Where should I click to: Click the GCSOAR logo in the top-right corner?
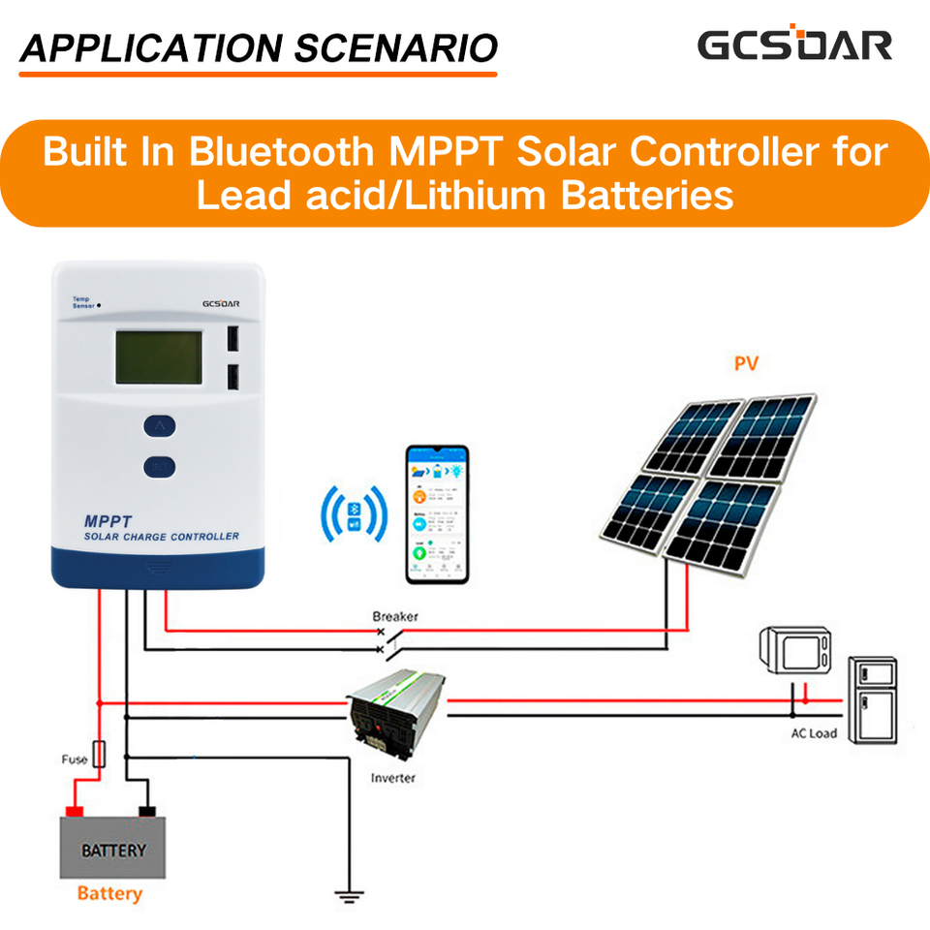[x=794, y=45]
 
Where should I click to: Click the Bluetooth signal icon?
[x=355, y=512]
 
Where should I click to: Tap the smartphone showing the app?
[x=437, y=514]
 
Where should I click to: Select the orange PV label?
[x=746, y=364]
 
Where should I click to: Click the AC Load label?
[x=813, y=733]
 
